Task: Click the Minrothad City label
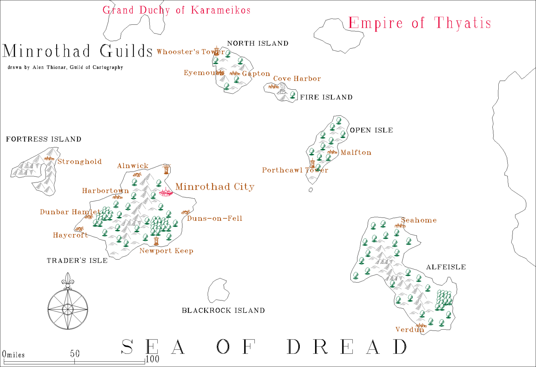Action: click(x=215, y=187)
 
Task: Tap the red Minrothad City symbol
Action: click(x=165, y=192)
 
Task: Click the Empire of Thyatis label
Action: click(x=419, y=23)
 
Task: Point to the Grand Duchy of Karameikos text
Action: click(x=177, y=10)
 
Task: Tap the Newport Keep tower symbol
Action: click(x=156, y=241)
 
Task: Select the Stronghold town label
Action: click(x=80, y=162)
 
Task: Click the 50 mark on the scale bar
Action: click(x=75, y=354)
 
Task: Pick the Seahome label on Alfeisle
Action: click(x=419, y=220)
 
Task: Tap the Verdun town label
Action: click(x=409, y=330)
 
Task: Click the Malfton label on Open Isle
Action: click(x=356, y=153)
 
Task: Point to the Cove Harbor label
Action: click(x=297, y=79)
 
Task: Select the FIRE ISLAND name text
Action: click(x=326, y=97)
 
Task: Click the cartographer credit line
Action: click(x=65, y=67)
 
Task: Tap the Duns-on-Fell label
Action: click(x=215, y=219)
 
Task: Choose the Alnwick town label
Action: click(x=133, y=166)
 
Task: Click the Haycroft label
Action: click(x=70, y=235)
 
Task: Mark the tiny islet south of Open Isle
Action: click(x=311, y=190)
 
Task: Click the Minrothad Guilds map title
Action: click(x=77, y=51)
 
